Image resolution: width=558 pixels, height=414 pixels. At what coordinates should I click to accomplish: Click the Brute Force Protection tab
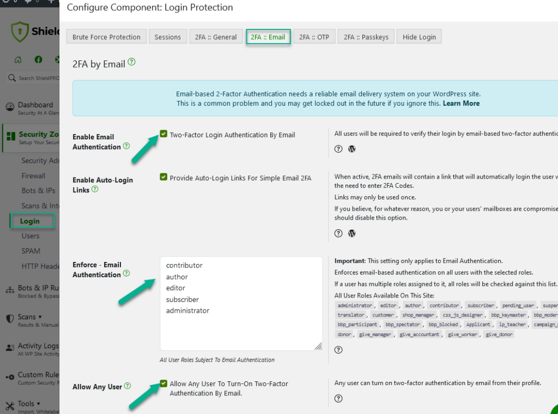pos(107,37)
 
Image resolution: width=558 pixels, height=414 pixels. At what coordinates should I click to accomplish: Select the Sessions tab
pos(168,37)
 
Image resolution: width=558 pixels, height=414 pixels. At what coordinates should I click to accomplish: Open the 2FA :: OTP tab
pos(314,37)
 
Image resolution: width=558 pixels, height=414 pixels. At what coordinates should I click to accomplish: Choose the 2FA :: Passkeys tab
pos(366,37)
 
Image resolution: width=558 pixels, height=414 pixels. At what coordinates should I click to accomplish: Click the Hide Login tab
pos(419,37)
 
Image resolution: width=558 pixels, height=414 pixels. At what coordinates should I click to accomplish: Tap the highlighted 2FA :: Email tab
pos(268,37)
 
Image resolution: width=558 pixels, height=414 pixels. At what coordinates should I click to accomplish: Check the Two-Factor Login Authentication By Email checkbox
pos(163,134)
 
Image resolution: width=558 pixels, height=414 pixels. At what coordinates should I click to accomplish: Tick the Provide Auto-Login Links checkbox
pos(163,177)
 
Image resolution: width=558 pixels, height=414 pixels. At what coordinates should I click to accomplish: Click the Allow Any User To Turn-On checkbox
pos(163,383)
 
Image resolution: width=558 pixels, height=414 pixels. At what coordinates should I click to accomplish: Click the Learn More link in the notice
pos(461,103)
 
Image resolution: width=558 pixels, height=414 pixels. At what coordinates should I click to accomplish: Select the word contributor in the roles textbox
pos(184,265)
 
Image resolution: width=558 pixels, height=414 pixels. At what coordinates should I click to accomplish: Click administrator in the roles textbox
pos(187,310)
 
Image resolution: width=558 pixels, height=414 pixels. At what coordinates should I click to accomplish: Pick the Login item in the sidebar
pos(29,221)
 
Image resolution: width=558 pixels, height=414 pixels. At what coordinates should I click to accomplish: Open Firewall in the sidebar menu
pos(33,176)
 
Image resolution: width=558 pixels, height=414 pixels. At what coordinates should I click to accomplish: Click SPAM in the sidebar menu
pos(31,251)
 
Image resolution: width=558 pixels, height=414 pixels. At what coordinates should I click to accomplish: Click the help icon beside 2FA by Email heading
pos(131,63)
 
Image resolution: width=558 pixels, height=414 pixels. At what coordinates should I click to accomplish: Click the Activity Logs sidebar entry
pos(38,346)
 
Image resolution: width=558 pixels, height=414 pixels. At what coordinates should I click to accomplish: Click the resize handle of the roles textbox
pos(318,346)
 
